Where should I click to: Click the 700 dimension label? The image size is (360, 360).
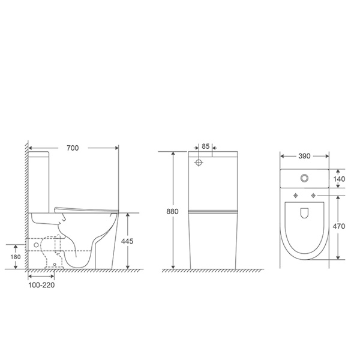tap(73, 148)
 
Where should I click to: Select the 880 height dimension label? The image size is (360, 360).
tap(172, 211)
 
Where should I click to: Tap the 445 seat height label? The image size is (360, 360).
tap(127, 241)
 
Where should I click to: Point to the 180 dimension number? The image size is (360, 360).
tap(16, 257)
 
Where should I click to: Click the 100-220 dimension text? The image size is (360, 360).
tap(41, 285)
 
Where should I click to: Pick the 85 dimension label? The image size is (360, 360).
tap(205, 146)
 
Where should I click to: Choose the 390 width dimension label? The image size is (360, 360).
tap(304, 156)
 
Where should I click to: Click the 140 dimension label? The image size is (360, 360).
tap(339, 179)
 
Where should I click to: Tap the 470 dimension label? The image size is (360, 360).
tap(339, 226)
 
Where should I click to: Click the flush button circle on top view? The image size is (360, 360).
tap(304, 178)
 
